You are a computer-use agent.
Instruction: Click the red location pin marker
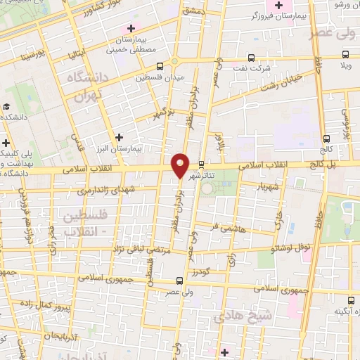click(180, 165)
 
